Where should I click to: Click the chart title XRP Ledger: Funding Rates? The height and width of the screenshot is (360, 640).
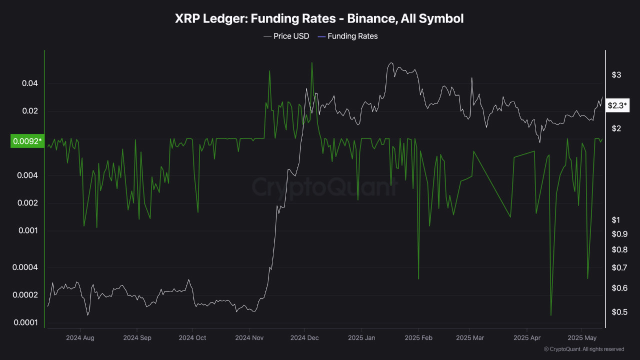319,19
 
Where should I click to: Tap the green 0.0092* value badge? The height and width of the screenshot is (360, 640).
26,141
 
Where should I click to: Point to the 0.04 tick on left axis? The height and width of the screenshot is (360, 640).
30,83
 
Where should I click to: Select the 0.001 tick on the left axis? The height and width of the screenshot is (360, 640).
28,230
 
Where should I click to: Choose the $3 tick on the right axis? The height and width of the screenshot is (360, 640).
616,75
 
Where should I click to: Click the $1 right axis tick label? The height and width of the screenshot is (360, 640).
615,220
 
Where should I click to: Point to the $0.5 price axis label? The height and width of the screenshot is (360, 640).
619,312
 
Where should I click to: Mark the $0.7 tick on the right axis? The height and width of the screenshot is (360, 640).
619,267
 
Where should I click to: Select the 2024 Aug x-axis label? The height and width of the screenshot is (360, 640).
80,337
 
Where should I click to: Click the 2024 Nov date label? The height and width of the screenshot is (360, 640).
249,337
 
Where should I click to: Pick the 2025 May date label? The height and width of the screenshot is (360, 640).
582,337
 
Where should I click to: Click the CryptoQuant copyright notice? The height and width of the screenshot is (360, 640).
583,349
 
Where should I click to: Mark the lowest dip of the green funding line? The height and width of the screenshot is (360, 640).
551,315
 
